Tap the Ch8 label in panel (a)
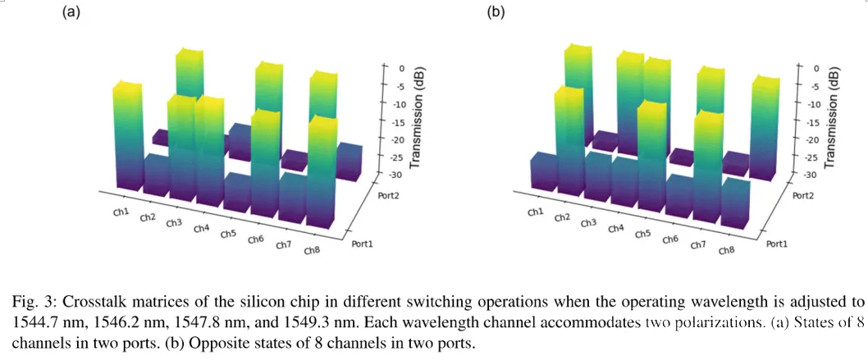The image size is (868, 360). point(312,250)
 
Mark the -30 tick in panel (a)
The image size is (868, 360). point(400,175)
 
